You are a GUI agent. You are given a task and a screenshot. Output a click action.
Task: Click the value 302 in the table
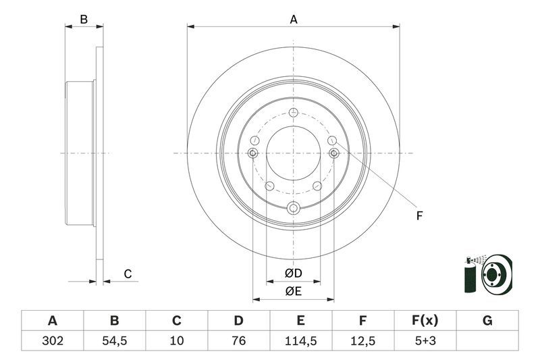click(x=52, y=341)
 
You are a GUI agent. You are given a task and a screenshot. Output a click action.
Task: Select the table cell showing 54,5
click(x=114, y=341)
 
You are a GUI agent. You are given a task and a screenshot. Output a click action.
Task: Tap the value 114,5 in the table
click(x=300, y=341)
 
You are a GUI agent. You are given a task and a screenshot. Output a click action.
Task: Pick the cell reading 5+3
click(x=425, y=341)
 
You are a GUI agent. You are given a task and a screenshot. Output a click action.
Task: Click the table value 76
click(x=238, y=341)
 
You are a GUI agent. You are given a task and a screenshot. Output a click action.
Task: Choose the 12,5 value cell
click(x=363, y=341)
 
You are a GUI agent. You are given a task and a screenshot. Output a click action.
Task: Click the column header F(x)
click(x=425, y=321)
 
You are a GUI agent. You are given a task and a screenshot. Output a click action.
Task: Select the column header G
click(x=487, y=321)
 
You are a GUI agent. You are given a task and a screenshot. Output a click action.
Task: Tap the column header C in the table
click(x=176, y=321)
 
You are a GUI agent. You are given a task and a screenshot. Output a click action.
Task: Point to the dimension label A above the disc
click(x=294, y=20)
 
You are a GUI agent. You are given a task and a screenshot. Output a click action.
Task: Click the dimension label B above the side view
click(x=84, y=20)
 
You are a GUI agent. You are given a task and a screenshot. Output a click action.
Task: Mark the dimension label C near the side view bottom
click(x=127, y=274)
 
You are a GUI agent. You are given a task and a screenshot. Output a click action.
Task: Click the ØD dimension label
click(x=293, y=274)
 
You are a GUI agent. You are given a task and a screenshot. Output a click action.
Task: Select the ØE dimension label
click(x=293, y=291)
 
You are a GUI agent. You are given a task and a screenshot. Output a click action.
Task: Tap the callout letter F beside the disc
click(x=418, y=216)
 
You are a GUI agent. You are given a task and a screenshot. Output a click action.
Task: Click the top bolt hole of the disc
click(x=293, y=113)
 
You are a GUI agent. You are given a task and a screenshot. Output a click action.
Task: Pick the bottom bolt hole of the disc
click(x=293, y=208)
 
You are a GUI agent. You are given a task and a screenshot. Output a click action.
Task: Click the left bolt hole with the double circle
click(x=253, y=153)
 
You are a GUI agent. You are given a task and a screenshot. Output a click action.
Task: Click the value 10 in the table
click(x=176, y=341)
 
